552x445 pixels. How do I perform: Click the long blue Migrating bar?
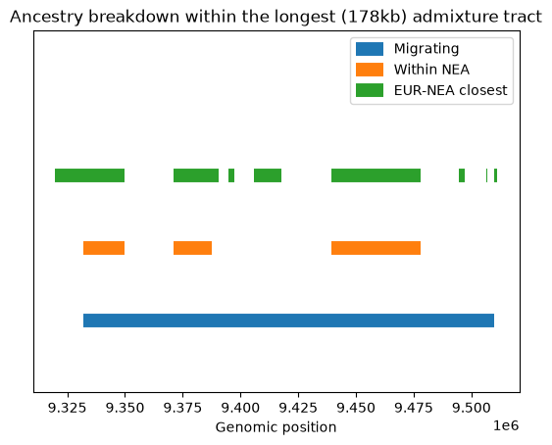coord(288,321)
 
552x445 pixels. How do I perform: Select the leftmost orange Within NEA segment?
coord(104,248)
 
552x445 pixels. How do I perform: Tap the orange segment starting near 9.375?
coord(192,248)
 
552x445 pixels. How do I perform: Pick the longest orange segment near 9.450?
coord(376,248)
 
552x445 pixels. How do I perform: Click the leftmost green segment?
coord(90,175)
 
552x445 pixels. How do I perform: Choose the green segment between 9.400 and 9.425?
coord(268,175)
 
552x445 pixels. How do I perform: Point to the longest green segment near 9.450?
coord(376,175)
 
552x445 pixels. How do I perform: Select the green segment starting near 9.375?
coord(196,175)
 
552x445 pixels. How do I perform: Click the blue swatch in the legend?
coord(370,49)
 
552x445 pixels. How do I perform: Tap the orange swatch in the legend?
coord(370,70)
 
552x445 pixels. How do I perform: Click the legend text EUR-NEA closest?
coord(451,90)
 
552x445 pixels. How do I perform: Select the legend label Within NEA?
coord(431,70)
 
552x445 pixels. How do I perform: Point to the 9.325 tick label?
coord(67,408)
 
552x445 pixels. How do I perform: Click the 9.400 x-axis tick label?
coord(240,408)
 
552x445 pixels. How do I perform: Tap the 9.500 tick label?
coord(472,408)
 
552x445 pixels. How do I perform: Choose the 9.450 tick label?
coord(356,408)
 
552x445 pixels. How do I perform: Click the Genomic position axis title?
coord(276,427)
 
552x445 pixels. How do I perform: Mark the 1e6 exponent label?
coord(506,425)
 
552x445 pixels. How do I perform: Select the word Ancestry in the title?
coord(46,17)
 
